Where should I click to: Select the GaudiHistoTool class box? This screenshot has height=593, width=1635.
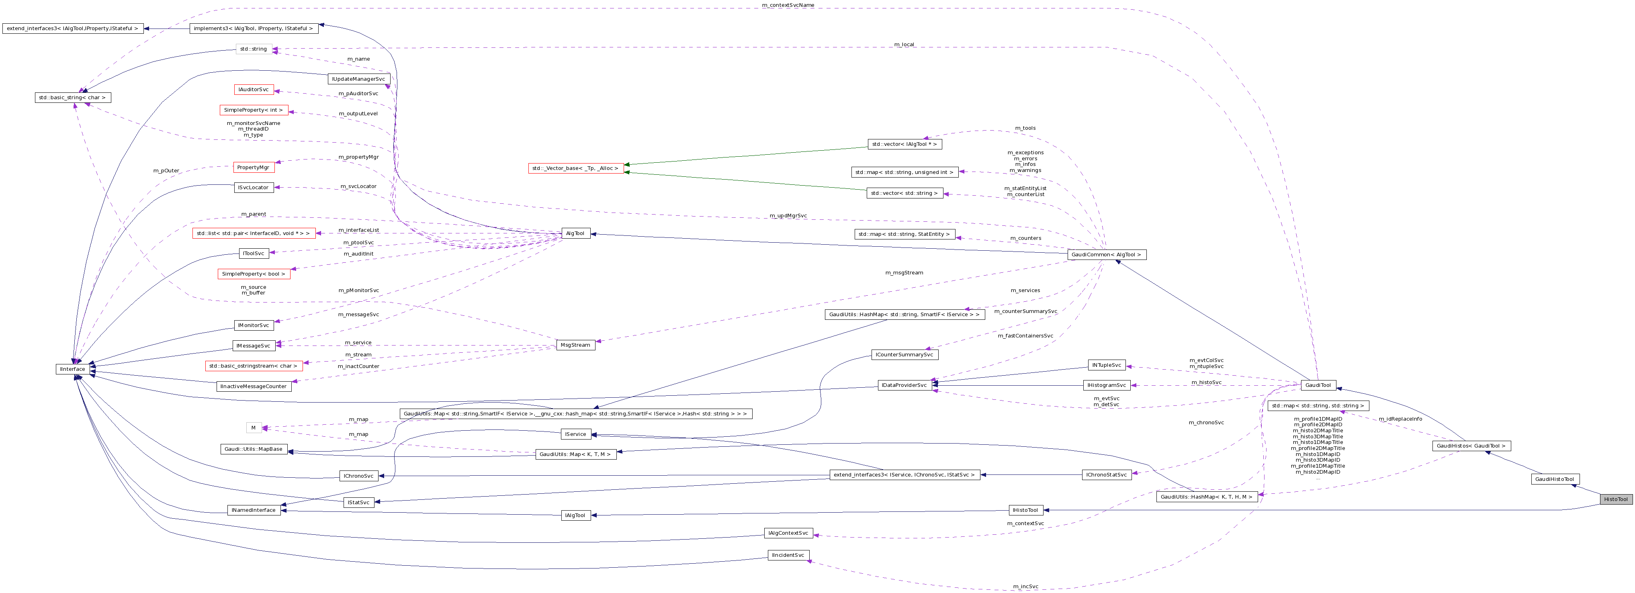pyautogui.click(x=1555, y=479)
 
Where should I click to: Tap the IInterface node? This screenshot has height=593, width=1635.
pyautogui.click(x=72, y=369)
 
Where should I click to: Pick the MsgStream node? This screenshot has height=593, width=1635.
pyautogui.click(x=575, y=345)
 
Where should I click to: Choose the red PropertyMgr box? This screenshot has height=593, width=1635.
pyautogui.click(x=253, y=167)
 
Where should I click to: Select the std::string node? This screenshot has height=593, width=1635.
pyautogui.click(x=253, y=49)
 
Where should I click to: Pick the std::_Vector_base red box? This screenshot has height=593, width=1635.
pyautogui.click(x=575, y=168)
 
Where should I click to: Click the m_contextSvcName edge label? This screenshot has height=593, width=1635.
pyautogui.click(x=788, y=5)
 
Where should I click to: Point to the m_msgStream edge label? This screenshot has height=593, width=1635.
pyautogui.click(x=904, y=272)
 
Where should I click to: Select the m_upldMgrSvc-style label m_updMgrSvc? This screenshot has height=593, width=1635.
pyautogui.click(x=788, y=216)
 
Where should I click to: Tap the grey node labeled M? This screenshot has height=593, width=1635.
pyautogui.click(x=253, y=428)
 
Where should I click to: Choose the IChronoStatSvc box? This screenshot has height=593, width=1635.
pyautogui.click(x=1106, y=474)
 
